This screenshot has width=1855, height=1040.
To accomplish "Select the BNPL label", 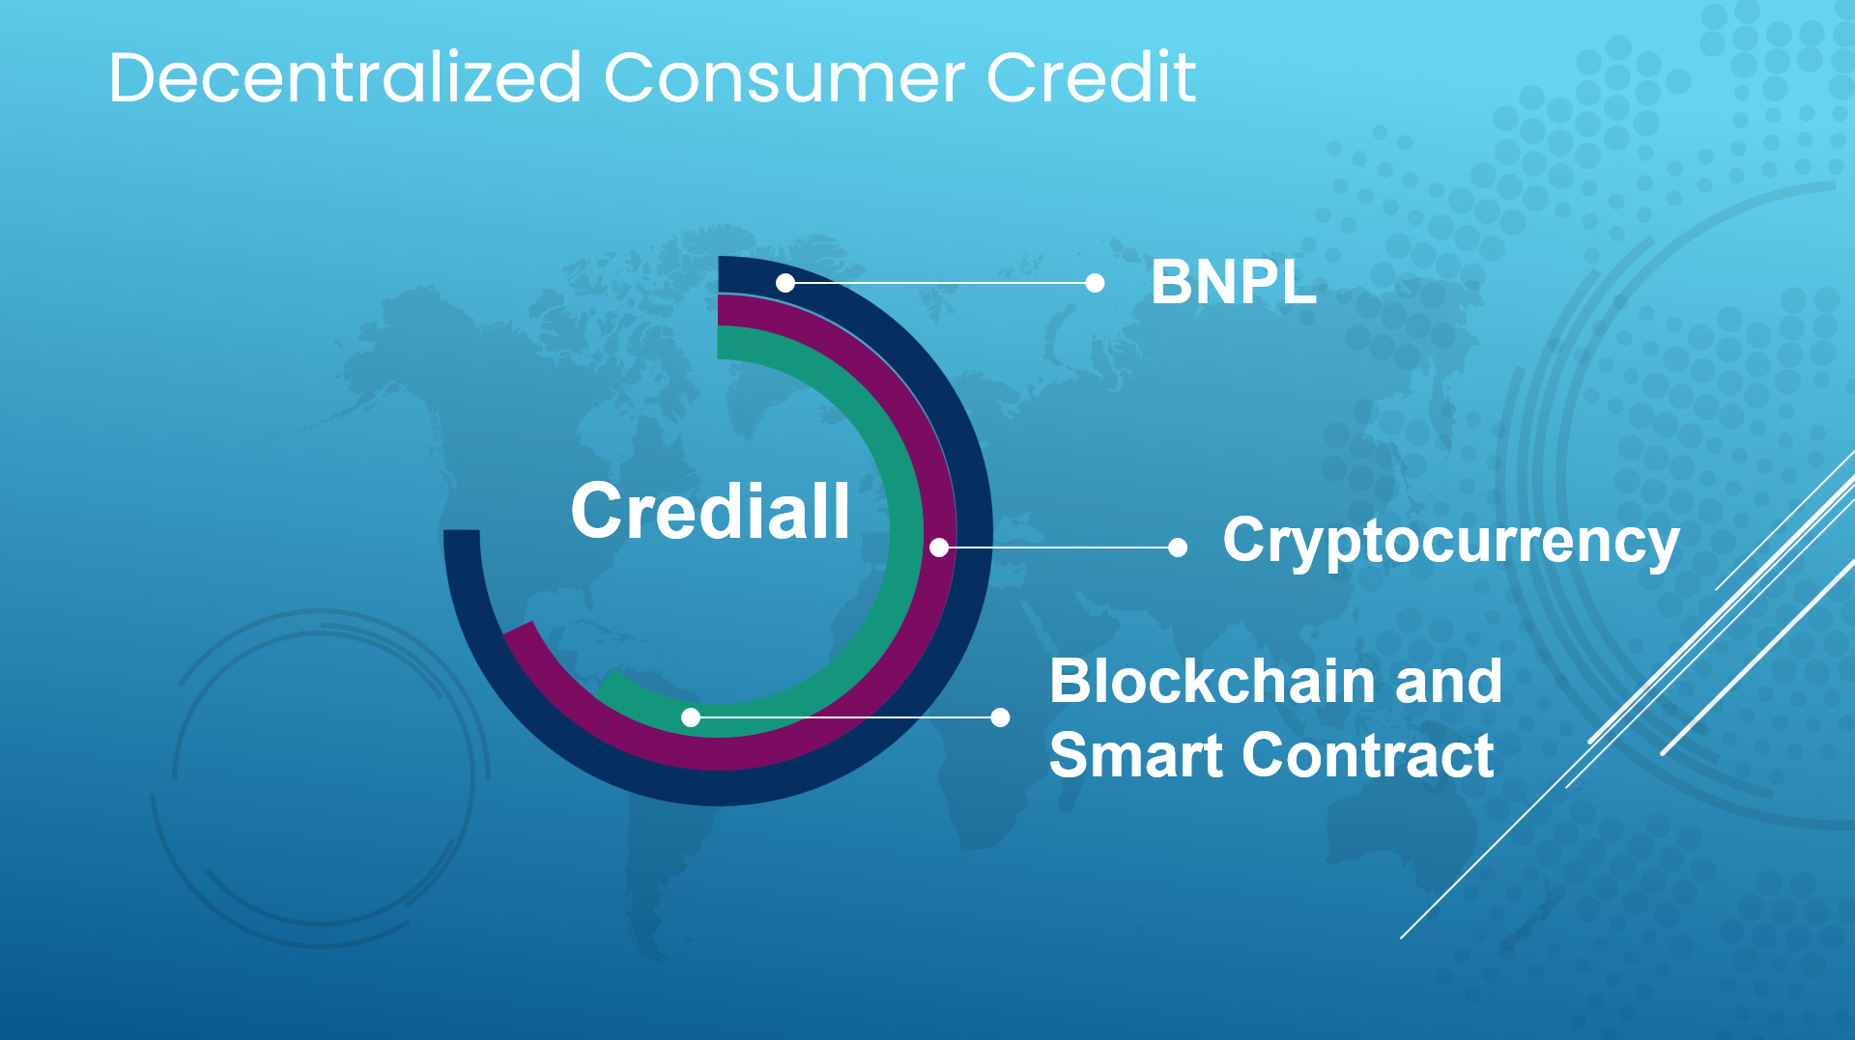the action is pos(1234,283).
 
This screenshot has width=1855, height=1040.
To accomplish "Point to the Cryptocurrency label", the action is pos(1451,542).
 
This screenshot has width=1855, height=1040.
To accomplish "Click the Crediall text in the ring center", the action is pos(710,511).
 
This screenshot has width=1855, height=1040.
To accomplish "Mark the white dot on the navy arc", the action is pos(785,283).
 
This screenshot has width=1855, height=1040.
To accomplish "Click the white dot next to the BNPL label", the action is pos(1095,283).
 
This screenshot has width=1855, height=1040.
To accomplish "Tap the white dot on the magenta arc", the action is pos(939,548).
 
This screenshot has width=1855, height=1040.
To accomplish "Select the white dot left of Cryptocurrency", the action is pos(1178,548).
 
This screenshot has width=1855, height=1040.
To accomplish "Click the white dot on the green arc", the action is pos(691,717).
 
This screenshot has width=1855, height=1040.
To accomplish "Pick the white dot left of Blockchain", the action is pos(1001,717).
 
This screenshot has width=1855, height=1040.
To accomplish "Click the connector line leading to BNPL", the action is pos(940,283).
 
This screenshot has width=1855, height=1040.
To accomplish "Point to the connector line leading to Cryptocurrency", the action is pos(1058,548).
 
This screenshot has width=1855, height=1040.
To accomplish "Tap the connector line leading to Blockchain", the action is pos(845,717).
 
